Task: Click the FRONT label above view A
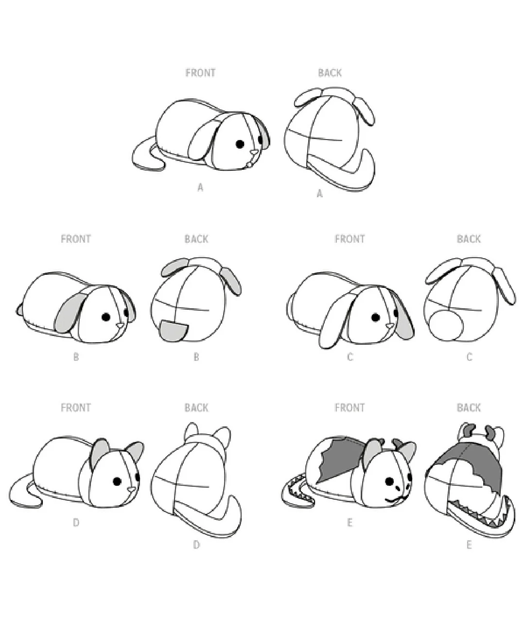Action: coord(200,72)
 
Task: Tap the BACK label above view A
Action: coord(330,72)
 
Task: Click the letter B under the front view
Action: coord(76,357)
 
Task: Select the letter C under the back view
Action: coord(469,357)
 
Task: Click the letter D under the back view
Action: coord(196,545)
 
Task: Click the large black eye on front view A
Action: coord(240,144)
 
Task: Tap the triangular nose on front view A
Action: coord(254,153)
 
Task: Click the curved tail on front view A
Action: coord(146,156)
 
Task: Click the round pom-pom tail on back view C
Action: coord(446,325)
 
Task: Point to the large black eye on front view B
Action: coord(106,317)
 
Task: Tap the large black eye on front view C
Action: coord(375,317)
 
